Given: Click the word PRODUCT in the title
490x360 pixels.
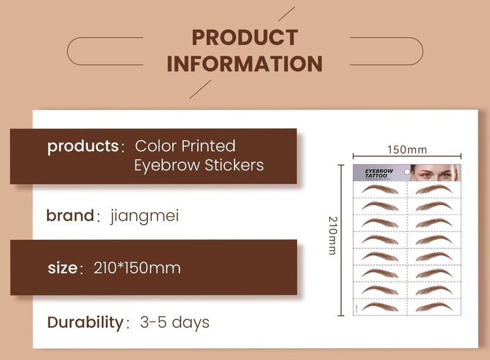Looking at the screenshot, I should click(244, 37).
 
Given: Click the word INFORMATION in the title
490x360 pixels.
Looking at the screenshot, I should click(244, 64).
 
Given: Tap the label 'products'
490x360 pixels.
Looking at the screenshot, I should click(83, 147).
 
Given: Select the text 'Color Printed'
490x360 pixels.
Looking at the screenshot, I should click(185, 146).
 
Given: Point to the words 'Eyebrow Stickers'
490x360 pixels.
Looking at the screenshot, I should click(198, 165).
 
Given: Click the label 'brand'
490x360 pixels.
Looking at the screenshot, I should click(69, 216).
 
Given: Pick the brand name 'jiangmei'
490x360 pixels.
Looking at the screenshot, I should click(145, 216).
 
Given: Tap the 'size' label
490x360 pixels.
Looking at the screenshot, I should click(62, 268).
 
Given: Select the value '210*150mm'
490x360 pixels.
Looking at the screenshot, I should click(137, 268).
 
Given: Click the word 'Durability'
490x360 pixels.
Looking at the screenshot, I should click(85, 322).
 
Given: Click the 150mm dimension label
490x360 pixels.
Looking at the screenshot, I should click(407, 149).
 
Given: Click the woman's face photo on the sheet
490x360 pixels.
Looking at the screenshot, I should click(434, 173).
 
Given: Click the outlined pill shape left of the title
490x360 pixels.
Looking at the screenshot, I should click(105, 51).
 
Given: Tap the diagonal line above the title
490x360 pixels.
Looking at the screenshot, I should click(287, 13).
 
